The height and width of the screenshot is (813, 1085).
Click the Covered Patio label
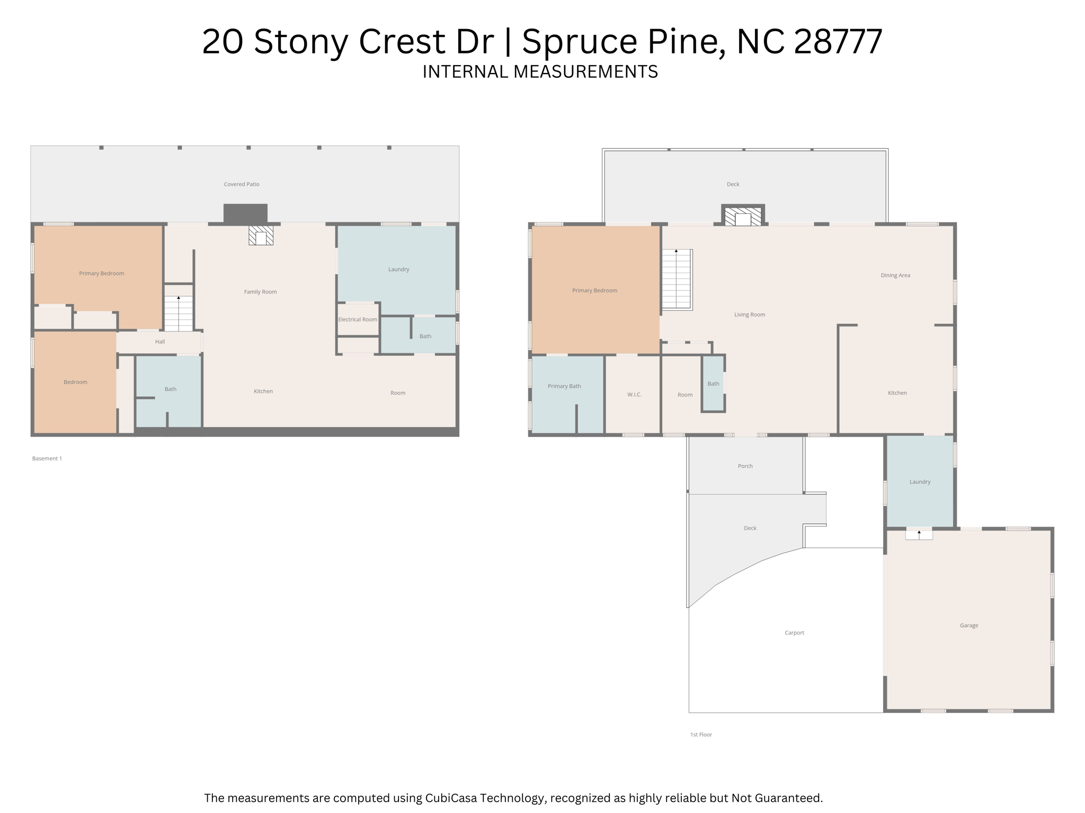click(242, 184)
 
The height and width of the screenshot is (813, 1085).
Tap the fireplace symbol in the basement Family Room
click(261, 236)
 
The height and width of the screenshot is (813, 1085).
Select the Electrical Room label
click(358, 319)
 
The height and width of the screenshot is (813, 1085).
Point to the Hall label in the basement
click(160, 342)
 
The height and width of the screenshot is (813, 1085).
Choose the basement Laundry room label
click(398, 269)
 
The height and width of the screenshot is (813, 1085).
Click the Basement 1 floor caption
click(47, 458)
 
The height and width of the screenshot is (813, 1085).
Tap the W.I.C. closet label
click(634, 395)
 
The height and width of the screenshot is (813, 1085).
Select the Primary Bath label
click(564, 386)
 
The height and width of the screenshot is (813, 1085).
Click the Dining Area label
click(895, 275)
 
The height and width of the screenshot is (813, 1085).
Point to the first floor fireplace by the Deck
click(743, 216)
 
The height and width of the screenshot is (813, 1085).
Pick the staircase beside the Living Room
click(677, 279)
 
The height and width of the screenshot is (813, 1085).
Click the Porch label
click(745, 466)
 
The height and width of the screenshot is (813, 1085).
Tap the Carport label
click(794, 633)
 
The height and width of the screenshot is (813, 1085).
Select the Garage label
click(968, 626)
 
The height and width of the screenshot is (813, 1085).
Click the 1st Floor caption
click(701, 735)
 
